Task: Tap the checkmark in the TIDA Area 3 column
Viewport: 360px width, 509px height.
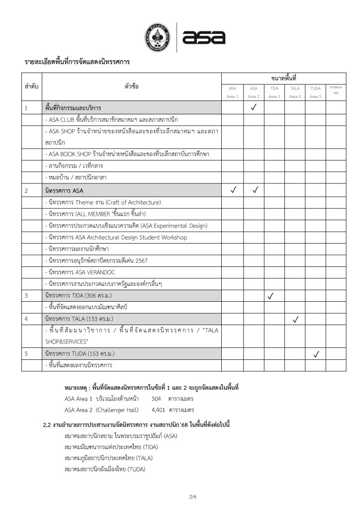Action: (271, 296)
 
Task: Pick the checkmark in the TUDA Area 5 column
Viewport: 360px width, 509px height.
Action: (316, 354)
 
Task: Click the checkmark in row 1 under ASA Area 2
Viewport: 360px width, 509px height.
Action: (254, 107)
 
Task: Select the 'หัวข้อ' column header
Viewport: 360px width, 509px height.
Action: (132, 86)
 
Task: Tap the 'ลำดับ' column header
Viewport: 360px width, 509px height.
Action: (32, 86)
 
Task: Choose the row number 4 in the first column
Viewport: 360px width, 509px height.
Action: (26, 317)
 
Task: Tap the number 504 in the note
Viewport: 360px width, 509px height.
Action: (157, 399)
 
